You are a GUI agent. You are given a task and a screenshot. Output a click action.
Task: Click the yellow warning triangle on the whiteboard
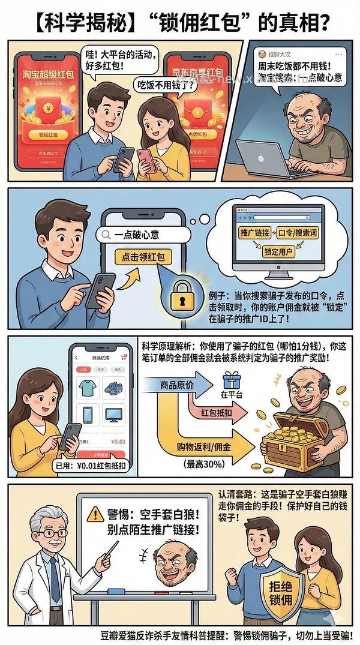95,514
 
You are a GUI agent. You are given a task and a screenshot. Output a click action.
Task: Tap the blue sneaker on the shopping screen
113,388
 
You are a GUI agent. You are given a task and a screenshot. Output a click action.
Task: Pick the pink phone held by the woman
145,160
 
